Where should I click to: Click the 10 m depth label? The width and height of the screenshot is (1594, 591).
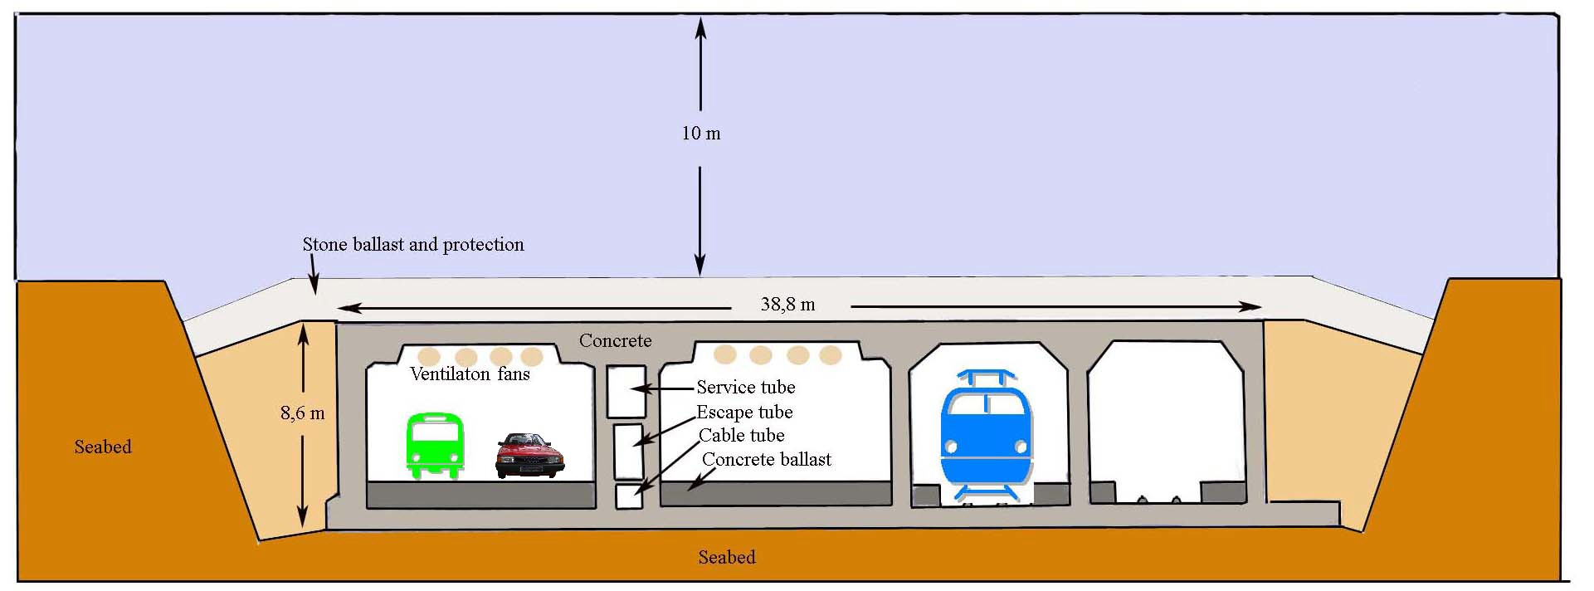coord(701,134)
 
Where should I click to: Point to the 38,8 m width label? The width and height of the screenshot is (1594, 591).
coord(787,305)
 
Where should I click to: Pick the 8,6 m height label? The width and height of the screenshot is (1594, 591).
coord(302,413)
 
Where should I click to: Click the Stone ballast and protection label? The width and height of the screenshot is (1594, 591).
coord(413,245)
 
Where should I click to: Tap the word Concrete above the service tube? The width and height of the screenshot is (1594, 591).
coord(615,341)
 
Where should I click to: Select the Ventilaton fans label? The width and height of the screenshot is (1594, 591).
coord(470,374)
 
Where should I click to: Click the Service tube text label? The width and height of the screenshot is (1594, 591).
coord(745,388)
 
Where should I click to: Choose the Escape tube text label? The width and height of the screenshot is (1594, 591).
coord(744,413)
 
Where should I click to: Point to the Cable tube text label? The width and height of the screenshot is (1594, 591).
coord(741,436)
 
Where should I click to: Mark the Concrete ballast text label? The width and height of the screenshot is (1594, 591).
coord(766,460)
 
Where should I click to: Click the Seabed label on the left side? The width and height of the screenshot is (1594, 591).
coord(103,447)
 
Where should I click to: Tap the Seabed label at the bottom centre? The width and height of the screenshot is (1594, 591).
coord(726,558)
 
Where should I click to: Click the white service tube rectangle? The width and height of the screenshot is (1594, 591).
coord(626,391)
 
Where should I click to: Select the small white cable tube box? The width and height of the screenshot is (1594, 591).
coord(629,496)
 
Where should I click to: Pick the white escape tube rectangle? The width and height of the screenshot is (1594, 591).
coord(628,452)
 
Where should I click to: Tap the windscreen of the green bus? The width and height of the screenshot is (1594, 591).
coord(435,432)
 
